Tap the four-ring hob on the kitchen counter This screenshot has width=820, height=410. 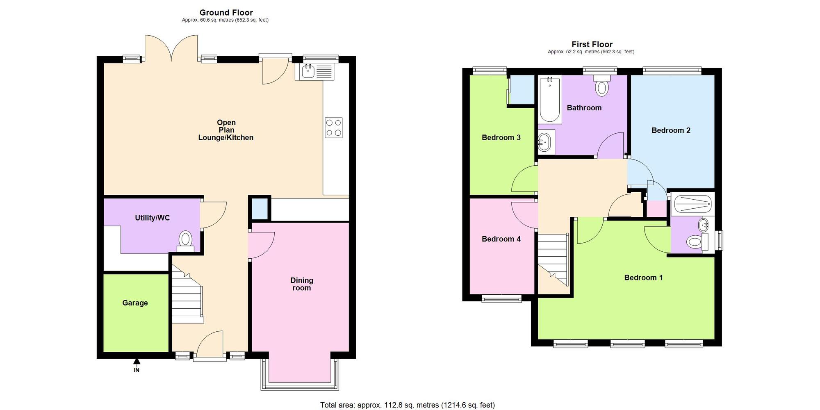333,128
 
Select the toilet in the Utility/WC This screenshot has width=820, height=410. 186,239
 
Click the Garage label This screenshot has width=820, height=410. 135,303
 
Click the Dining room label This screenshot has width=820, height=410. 302,284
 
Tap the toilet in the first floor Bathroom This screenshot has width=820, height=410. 601,87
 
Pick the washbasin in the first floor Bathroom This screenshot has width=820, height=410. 545,142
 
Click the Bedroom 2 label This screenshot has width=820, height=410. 671,130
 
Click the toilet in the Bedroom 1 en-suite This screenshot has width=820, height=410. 694,241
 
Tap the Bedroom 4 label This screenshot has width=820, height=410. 501,239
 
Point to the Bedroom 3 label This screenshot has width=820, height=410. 501,137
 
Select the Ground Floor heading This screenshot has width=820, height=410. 226,13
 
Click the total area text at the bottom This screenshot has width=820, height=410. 407,405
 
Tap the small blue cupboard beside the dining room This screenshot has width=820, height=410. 259,209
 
